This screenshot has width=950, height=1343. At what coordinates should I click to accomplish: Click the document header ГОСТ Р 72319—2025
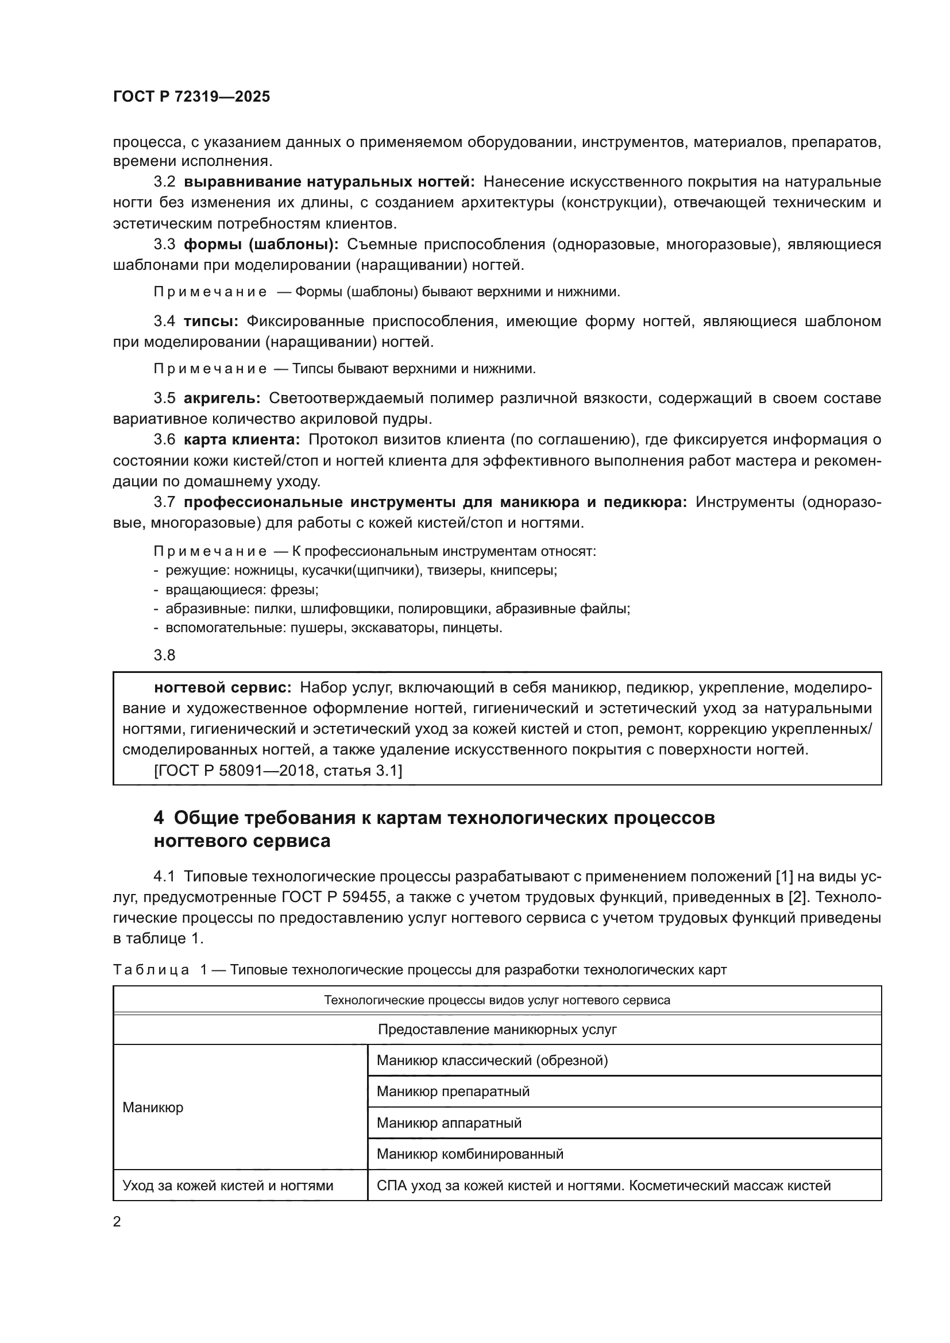pos(191,97)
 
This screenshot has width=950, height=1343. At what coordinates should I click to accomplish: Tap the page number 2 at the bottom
pos(117,1221)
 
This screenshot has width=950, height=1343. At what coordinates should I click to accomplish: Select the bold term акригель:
pos(222,398)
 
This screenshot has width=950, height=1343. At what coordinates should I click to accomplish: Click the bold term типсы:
pos(211,321)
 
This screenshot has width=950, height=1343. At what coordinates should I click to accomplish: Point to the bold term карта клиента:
pos(242,439)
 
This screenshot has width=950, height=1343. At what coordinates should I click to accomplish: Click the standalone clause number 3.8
pos(164,655)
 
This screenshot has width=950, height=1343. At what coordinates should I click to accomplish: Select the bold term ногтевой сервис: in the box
pos(222,687)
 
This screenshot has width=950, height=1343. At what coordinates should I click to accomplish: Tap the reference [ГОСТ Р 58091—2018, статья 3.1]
pos(278,771)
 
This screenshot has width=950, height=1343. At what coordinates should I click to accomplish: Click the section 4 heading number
pos(159,817)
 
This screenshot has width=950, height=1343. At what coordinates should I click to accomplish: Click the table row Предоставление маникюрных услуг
pos(497,1029)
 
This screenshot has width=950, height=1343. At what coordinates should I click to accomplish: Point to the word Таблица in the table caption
pos(150,970)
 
